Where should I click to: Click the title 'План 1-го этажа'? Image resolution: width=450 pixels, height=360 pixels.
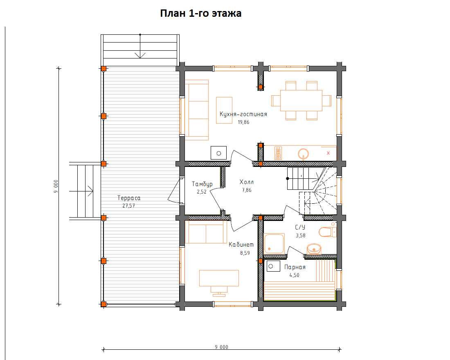point(200,13)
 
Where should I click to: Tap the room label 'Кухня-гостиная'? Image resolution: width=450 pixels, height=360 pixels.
point(243,114)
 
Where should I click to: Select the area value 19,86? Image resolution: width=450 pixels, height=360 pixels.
point(243,122)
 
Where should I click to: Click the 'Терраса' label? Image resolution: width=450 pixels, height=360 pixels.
point(129,198)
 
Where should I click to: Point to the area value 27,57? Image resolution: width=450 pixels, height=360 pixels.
point(128,205)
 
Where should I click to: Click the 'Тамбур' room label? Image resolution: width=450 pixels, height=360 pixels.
point(202,184)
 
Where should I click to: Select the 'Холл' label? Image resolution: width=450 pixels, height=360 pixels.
point(247,182)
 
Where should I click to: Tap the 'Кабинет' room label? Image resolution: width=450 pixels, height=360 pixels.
point(241,245)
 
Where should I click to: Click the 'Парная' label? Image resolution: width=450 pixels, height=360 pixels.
point(295,267)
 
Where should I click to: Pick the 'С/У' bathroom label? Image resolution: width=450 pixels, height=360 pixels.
point(300,227)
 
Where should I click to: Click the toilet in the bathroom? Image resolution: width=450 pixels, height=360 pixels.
point(328,232)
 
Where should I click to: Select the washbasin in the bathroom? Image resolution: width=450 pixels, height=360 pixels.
point(314,249)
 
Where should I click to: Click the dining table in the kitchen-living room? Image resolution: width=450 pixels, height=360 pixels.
point(301,101)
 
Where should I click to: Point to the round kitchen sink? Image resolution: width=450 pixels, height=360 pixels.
point(303,153)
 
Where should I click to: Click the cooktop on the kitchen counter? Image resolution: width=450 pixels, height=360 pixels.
point(278,153)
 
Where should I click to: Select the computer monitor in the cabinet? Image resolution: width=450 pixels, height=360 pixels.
point(219,291)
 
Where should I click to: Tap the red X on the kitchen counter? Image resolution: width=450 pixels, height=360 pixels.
point(328,153)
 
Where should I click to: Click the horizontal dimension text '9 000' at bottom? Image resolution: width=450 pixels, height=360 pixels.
point(222,347)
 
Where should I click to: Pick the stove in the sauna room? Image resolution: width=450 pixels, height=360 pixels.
point(273,266)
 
